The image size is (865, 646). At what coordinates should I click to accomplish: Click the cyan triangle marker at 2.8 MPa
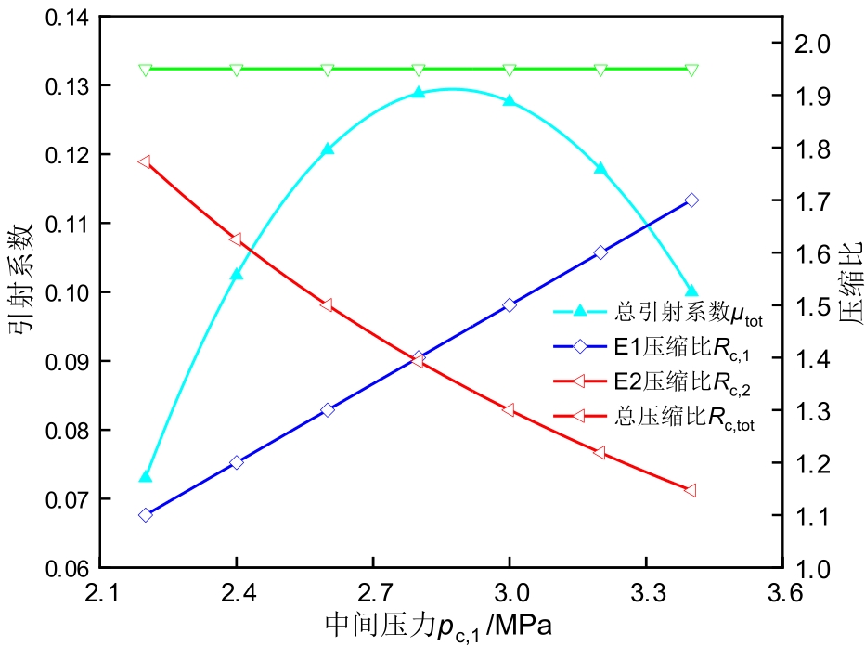[419, 93]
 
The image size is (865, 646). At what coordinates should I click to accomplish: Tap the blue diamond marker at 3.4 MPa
[691, 200]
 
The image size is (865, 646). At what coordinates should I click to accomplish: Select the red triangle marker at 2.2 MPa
[145, 162]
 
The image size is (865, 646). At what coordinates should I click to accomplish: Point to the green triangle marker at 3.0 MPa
[510, 70]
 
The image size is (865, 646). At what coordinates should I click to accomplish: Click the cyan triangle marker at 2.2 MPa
[145, 476]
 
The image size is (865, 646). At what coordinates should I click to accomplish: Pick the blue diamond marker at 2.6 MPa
[328, 410]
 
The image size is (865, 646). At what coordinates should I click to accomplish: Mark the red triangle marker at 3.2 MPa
[600, 452]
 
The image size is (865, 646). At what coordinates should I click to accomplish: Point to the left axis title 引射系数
[24, 291]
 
